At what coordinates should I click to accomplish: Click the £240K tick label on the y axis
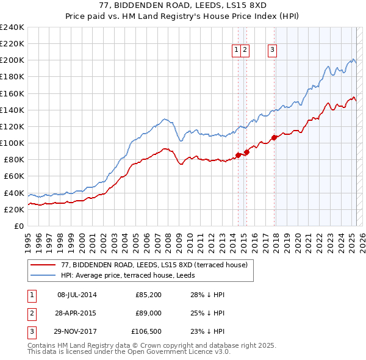[12, 27]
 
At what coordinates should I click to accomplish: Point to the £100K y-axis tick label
[12, 143]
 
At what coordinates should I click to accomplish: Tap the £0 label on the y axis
[19, 226]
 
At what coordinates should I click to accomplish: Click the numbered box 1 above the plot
[236, 51]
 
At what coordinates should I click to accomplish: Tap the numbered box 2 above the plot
[245, 51]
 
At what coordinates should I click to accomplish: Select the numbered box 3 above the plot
[272, 51]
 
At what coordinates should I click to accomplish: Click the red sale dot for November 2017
[274, 137]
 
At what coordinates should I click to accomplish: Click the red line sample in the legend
[43, 265]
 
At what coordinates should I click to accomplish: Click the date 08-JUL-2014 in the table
[77, 295]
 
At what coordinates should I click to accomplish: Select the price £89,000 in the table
[148, 314]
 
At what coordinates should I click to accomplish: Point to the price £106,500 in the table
[146, 333]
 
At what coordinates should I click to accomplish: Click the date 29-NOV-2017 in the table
[77, 333]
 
